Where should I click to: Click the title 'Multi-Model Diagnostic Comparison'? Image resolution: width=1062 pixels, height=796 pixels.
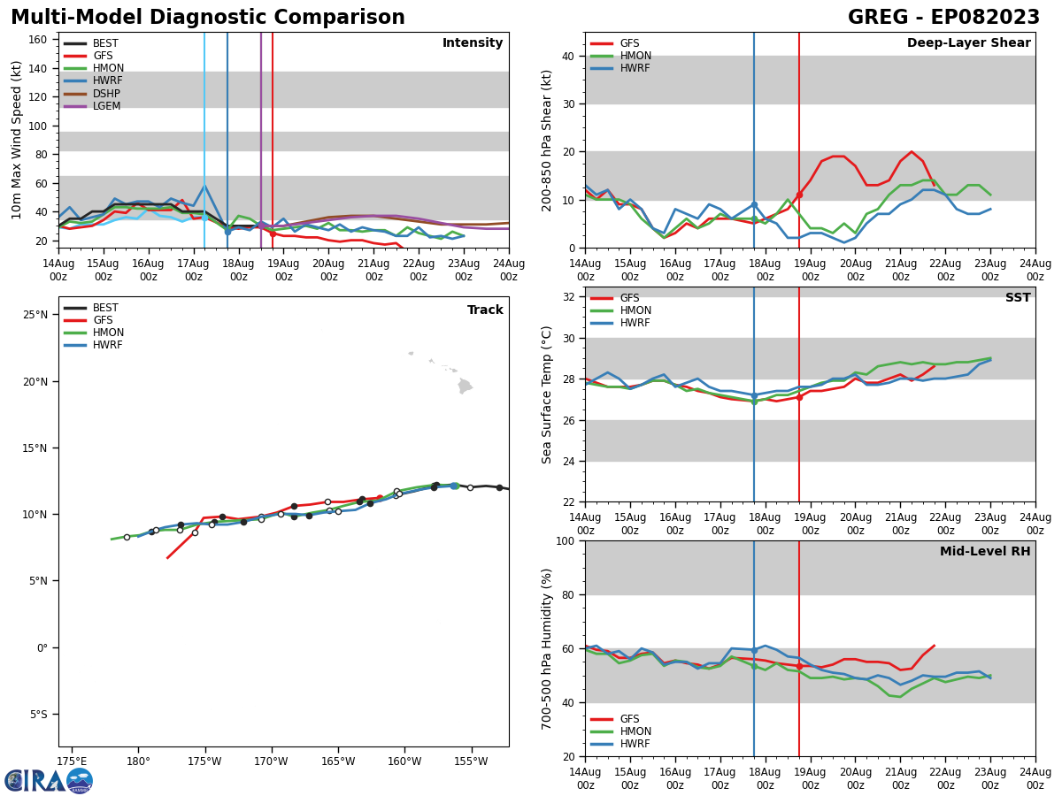[x=208, y=18]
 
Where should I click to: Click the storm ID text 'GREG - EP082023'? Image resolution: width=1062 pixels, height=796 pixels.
[x=943, y=18]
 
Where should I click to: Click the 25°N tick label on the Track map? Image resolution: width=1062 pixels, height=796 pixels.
[x=35, y=315]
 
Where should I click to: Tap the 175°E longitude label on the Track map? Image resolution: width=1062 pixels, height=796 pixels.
[x=72, y=762]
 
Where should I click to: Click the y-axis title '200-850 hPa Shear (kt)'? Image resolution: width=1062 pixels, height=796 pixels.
[x=547, y=140]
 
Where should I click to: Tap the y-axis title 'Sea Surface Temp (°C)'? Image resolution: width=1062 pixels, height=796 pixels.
[x=547, y=394]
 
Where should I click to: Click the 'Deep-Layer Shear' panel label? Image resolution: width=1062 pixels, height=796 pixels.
[x=968, y=43]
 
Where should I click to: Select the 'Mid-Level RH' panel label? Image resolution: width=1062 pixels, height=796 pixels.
[x=984, y=552]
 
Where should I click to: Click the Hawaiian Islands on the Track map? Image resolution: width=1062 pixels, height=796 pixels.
[x=464, y=386]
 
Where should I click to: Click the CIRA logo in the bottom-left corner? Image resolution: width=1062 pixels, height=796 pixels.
[x=48, y=781]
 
